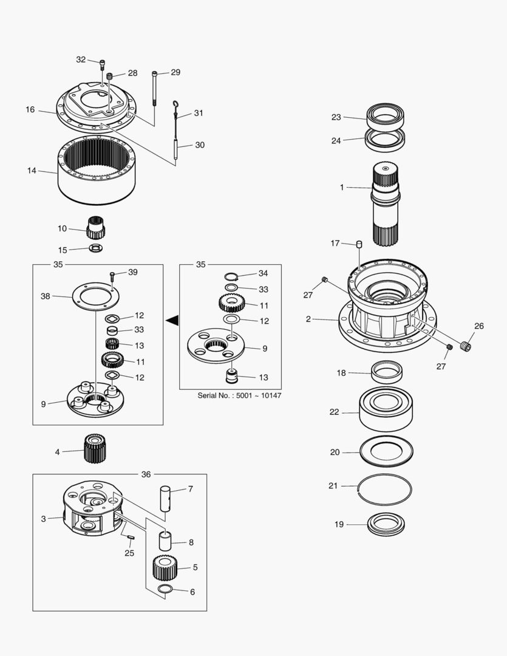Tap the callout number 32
(x=81, y=60)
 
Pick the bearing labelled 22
(x=386, y=411)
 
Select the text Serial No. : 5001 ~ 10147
(x=239, y=396)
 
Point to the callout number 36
(x=146, y=474)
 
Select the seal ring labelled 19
(x=386, y=524)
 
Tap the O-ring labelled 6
(x=166, y=590)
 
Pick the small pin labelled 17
(x=359, y=244)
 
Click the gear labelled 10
(x=95, y=228)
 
